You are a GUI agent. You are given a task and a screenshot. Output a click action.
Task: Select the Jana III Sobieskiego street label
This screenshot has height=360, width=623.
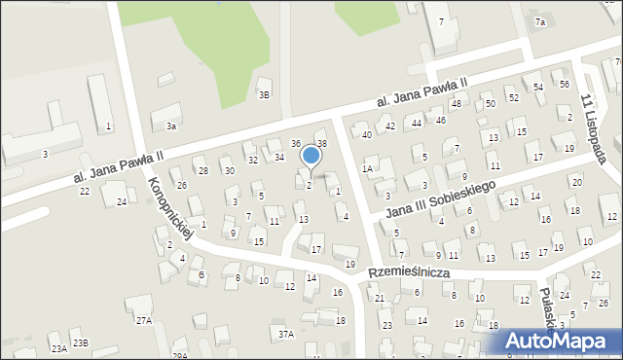pos(440,200)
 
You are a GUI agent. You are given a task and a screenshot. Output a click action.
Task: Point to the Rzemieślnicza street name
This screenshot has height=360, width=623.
pos(408,273)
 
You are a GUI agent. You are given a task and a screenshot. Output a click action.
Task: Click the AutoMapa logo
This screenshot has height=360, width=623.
pos(561,342)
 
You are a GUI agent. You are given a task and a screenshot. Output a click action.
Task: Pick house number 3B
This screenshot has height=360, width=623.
pos(264,94)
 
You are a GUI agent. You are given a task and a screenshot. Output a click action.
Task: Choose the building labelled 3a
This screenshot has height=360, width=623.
pos(171,126)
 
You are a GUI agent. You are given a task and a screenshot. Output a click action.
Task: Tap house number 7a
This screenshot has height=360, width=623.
pos(540,21)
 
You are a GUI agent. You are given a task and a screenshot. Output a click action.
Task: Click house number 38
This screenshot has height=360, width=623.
pos(322,144)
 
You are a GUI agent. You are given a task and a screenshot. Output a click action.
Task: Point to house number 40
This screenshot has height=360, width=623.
pos(367,134)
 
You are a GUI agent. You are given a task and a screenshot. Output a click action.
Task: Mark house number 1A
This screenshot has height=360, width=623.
pos(367,168)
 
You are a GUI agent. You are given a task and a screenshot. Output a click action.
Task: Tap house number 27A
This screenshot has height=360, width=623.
pos(144,320)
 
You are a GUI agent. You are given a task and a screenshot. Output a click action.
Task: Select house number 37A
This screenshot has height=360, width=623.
pos(285,334)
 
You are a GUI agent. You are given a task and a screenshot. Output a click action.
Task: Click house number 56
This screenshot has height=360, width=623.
pos(565,85)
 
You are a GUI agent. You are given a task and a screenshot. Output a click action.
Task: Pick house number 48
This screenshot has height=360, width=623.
pos(456,103)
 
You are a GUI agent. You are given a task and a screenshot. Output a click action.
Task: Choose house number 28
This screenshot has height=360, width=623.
pos(202,170)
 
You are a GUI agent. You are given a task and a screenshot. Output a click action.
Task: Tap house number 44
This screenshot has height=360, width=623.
pos(416,123)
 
